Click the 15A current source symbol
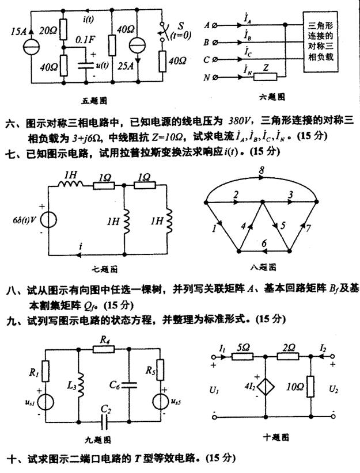coord(31,47)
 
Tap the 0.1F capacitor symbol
coord(86,66)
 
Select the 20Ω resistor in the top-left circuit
coord(63,29)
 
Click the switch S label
coord(181,26)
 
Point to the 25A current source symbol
coord(138,45)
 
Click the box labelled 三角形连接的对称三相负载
coord(320,41)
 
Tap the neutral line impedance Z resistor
coord(265,77)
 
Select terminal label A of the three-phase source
coord(207,25)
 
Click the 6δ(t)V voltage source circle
coord(48,219)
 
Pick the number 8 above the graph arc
coord(262,170)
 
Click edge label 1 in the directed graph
coord(214,228)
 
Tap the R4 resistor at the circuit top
coord(104,349)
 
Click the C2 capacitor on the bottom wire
coord(104,421)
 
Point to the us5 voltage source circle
coord(160,402)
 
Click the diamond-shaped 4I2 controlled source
coord(266,387)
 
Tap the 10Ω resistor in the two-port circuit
coord(310,387)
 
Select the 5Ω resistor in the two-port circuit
coord(242,357)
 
